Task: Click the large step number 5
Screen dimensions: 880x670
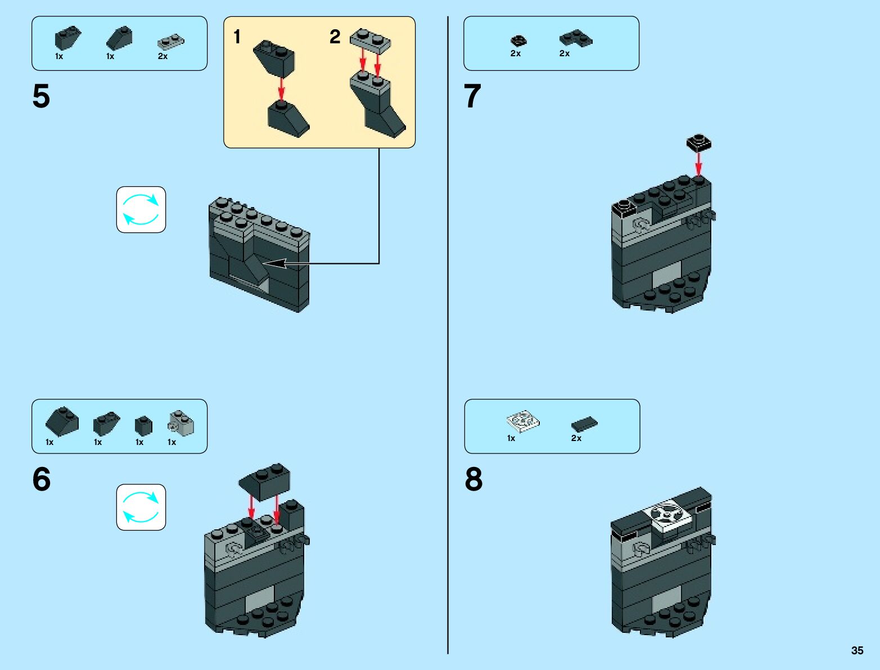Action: pyautogui.click(x=41, y=96)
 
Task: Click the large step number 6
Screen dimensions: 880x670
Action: pyautogui.click(x=41, y=479)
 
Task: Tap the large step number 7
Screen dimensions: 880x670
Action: pyautogui.click(x=472, y=96)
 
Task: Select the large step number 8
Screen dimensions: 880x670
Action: pyautogui.click(x=473, y=479)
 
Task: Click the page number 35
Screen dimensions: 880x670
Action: pyautogui.click(x=857, y=650)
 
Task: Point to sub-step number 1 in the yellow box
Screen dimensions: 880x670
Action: pyautogui.click(x=237, y=37)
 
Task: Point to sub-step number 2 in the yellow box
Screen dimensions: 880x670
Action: pyautogui.click(x=335, y=37)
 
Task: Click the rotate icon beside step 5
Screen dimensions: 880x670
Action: pyautogui.click(x=141, y=210)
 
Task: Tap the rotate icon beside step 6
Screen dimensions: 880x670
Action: pyautogui.click(x=141, y=507)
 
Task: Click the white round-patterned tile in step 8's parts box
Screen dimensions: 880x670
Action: pyautogui.click(x=522, y=420)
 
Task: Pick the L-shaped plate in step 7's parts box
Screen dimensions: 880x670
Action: pyautogui.click(x=575, y=38)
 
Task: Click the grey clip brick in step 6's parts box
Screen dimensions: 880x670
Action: pyautogui.click(x=180, y=423)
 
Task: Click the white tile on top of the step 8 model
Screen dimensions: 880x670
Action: pyautogui.click(x=669, y=515)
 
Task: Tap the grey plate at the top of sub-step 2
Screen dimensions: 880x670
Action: pyautogui.click(x=371, y=41)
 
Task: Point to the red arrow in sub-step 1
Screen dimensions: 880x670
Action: pyautogui.click(x=281, y=89)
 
